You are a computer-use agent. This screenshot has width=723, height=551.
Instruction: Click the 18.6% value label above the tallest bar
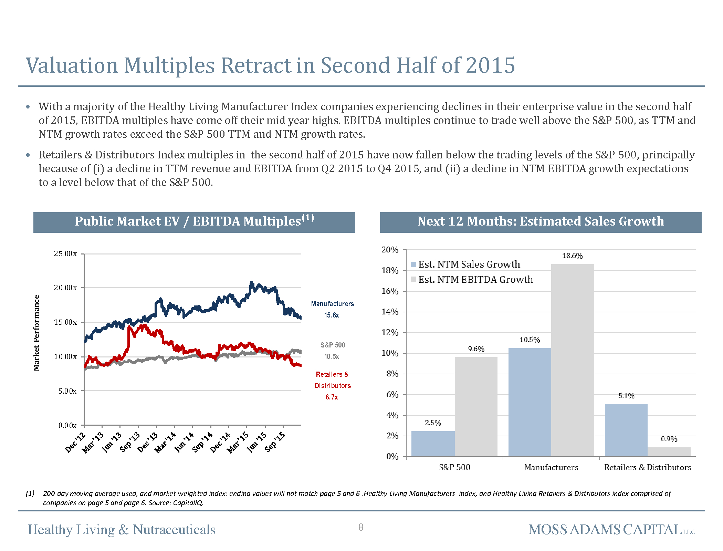[572, 256]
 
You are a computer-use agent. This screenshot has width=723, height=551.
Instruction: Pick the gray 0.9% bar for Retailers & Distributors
[669, 452]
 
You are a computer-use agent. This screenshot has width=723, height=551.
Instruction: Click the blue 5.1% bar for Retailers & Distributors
[626, 430]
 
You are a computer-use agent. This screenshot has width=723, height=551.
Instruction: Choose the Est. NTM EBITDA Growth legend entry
[475, 280]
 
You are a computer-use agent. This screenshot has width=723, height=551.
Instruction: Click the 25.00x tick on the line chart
[65, 254]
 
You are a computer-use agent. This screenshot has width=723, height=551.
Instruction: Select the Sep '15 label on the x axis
[275, 442]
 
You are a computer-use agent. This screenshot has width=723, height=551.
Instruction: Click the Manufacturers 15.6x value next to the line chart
[332, 315]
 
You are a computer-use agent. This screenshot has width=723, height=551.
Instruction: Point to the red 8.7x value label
[332, 397]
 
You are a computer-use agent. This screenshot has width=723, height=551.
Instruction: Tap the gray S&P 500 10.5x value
[332, 356]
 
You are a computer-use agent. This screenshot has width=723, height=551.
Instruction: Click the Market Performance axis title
[36, 333]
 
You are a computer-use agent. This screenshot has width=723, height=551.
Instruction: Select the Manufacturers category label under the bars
[551, 467]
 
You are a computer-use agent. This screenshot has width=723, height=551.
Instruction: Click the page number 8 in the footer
[361, 527]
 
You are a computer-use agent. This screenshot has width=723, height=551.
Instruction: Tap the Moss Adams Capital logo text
[611, 530]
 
